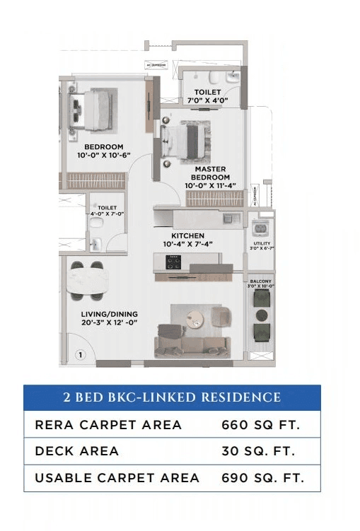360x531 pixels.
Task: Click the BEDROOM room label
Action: [x=104, y=147]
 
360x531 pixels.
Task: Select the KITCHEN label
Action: [x=187, y=235]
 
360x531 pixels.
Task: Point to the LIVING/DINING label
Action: [x=109, y=314]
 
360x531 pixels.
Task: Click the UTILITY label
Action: [x=262, y=244]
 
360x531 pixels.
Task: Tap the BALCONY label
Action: [x=262, y=281]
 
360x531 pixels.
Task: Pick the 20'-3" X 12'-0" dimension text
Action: [x=109, y=322]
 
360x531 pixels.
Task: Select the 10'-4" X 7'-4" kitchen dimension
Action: [x=187, y=244]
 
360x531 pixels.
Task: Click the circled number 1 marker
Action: [x=81, y=354]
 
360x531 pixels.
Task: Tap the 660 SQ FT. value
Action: [x=261, y=425]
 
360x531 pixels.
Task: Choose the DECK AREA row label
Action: [x=76, y=451]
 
